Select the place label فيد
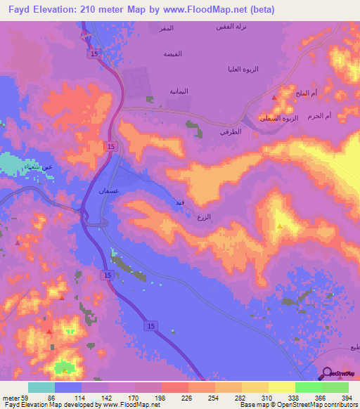180,202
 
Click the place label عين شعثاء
56,167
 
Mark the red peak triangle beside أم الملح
274,97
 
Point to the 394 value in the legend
346,398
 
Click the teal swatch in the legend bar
41,387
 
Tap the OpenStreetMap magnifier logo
327,374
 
